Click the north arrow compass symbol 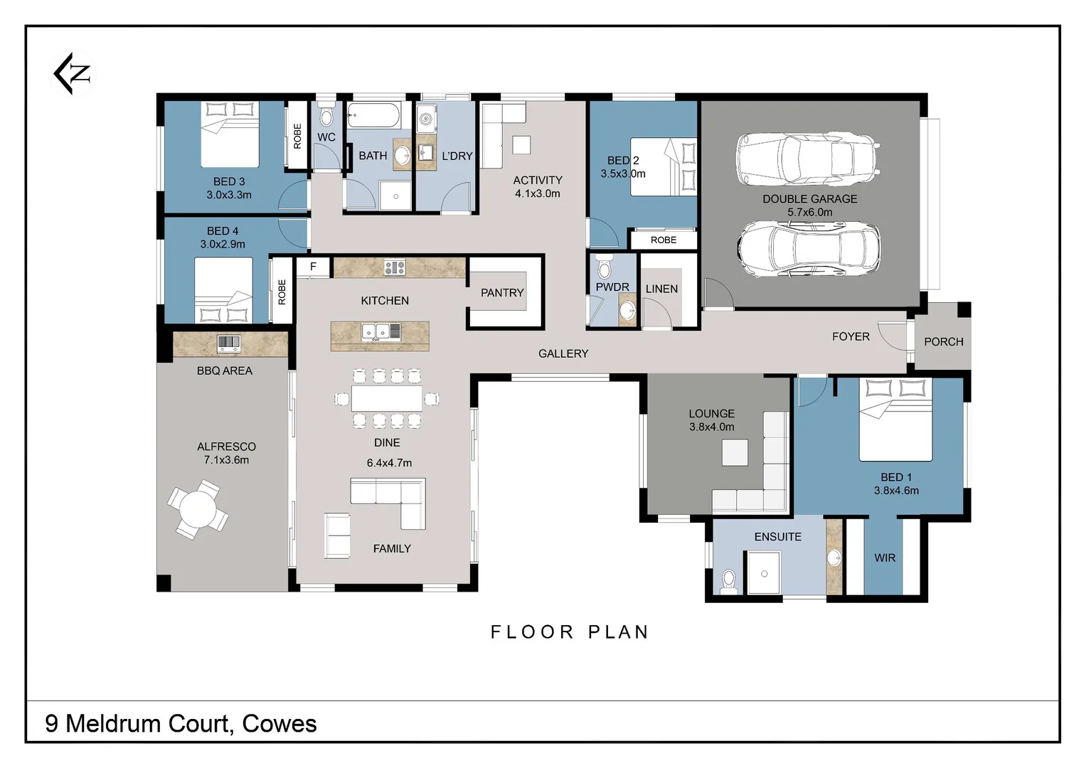click(73, 73)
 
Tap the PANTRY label click(501, 292)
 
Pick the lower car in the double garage click(809, 248)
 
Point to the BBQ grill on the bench click(228, 343)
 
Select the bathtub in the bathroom click(373, 114)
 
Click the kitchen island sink click(380, 331)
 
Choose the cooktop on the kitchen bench click(394, 267)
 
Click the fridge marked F click(313, 267)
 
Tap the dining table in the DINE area click(386, 398)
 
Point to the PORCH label click(943, 341)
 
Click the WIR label click(884, 558)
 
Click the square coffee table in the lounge click(735, 452)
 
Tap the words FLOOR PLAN click(569, 631)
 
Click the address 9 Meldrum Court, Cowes click(181, 723)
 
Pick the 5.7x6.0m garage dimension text click(809, 212)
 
